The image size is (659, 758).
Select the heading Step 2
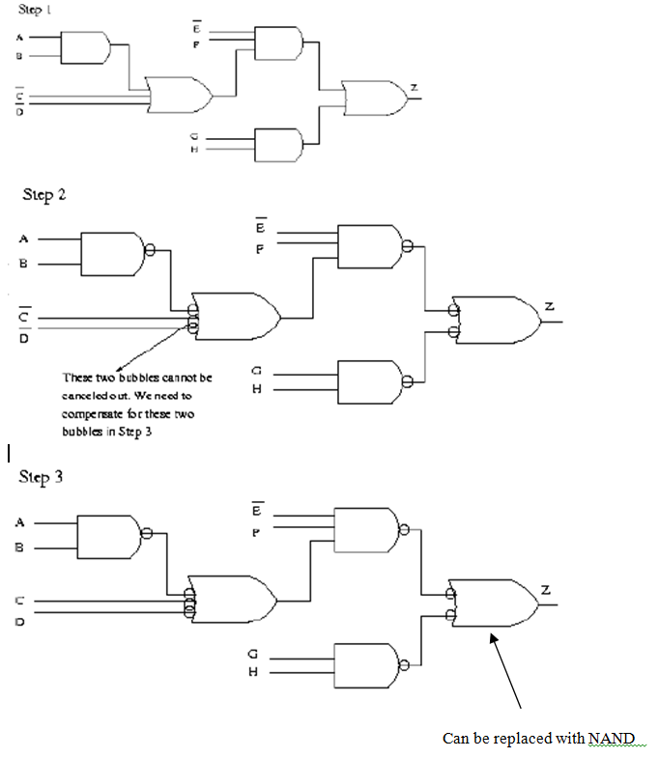point(44,195)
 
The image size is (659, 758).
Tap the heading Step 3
point(43,478)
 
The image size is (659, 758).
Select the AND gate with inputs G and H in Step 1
point(277,145)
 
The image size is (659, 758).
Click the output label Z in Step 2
point(549,306)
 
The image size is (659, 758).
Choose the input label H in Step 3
point(254,672)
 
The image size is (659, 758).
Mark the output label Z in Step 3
point(546,589)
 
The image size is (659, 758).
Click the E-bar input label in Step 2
point(260,229)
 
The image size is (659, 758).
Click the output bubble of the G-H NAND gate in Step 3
point(403,662)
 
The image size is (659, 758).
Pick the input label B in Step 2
point(20,263)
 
